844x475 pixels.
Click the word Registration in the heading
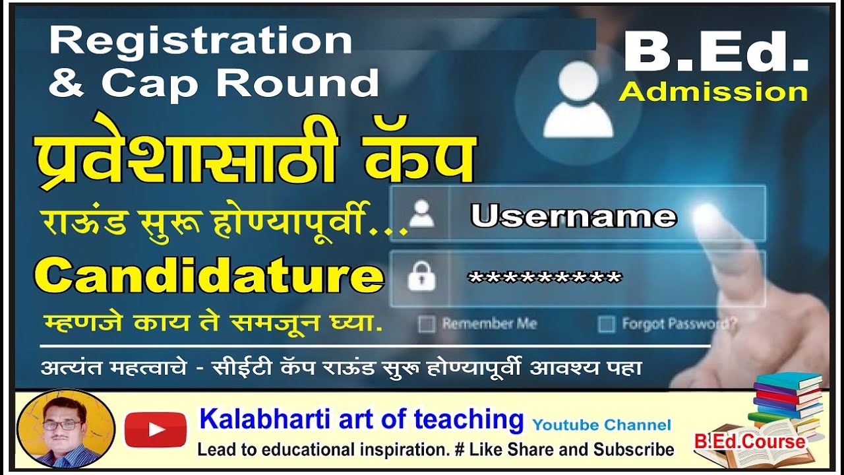(x=200, y=41)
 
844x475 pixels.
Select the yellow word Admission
(x=713, y=92)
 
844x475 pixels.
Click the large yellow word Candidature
(x=210, y=276)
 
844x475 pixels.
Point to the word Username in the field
(x=573, y=216)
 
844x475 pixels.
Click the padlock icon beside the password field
(x=421, y=278)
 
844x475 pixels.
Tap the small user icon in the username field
(x=421, y=214)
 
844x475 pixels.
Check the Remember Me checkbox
(x=427, y=325)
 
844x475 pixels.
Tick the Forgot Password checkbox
(x=605, y=325)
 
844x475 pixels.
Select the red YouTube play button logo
(x=156, y=429)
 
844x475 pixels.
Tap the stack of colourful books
(x=786, y=402)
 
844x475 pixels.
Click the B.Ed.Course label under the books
(x=750, y=441)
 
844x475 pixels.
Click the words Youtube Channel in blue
(x=601, y=425)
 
